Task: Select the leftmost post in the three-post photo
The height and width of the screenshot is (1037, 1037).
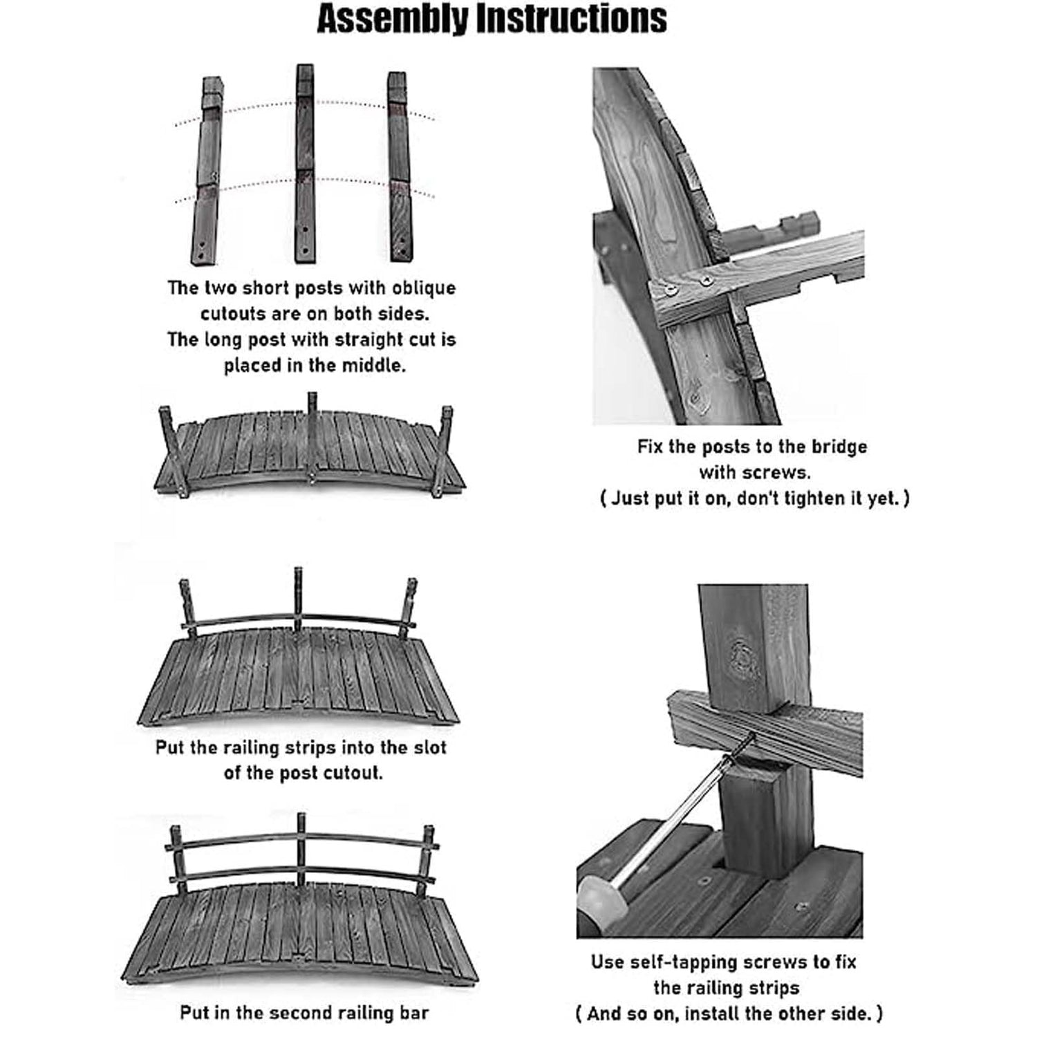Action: [207, 173]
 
